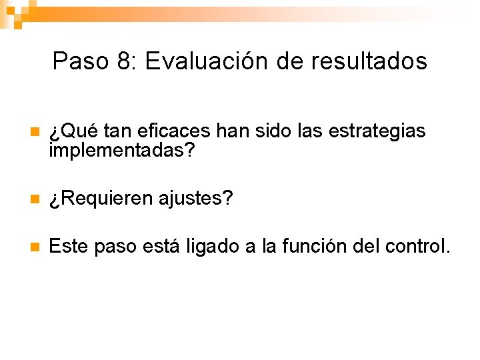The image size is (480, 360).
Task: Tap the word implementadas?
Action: point(122,152)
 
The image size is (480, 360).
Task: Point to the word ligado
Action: point(209,247)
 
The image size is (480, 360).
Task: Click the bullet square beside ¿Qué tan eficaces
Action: point(35,132)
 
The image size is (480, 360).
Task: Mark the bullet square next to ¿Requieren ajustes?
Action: point(35,199)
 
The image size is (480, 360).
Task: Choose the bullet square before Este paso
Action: point(35,247)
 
